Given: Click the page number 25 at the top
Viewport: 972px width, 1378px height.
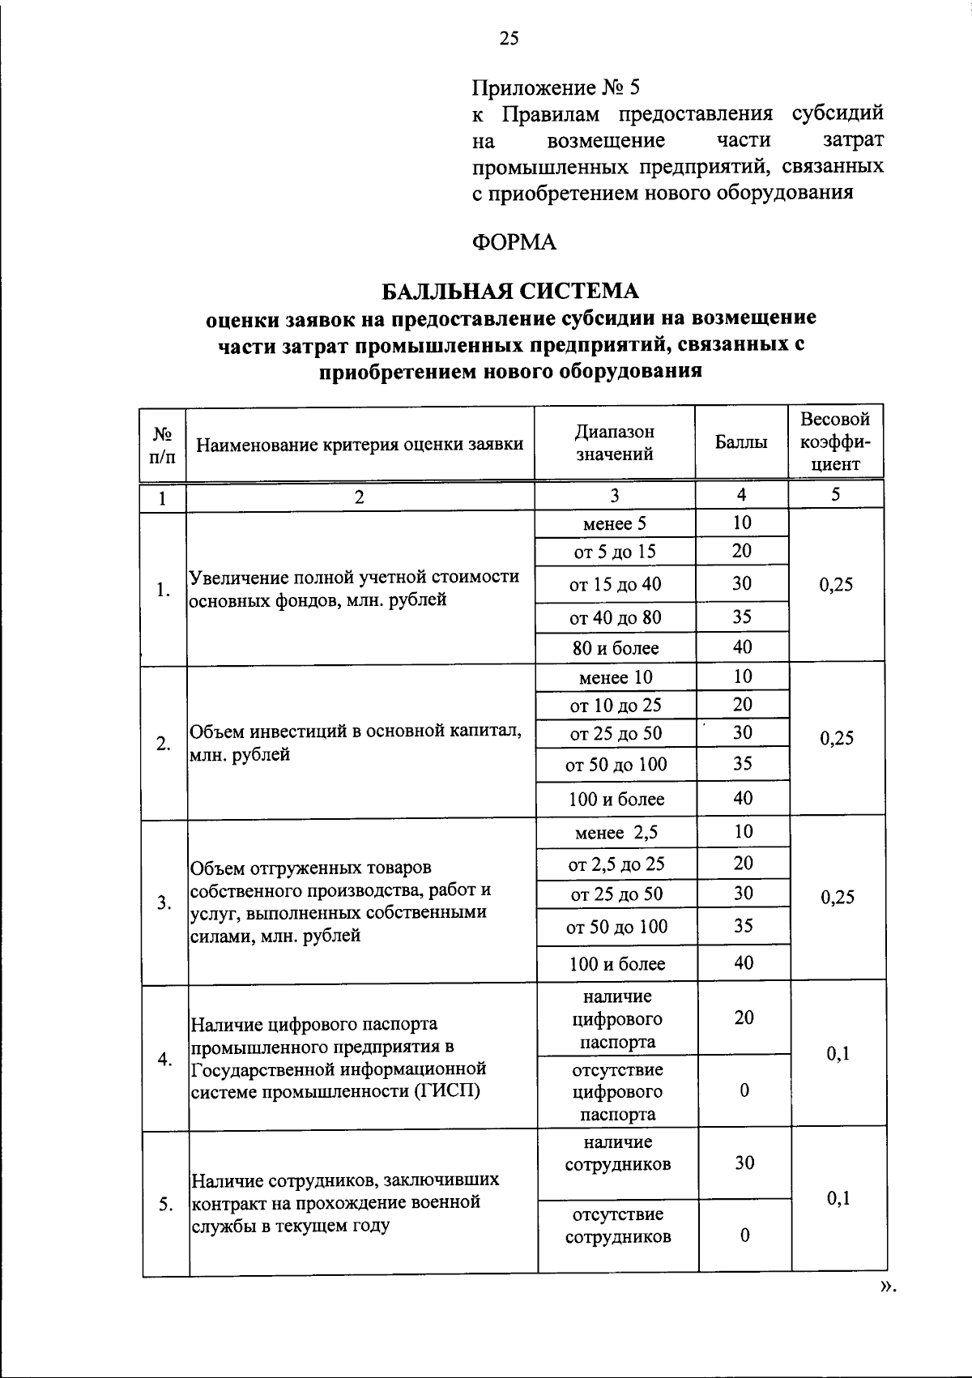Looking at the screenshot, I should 509,38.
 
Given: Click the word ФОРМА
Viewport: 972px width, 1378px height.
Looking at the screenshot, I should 514,242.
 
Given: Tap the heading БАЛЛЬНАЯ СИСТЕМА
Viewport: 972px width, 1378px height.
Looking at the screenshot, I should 510,290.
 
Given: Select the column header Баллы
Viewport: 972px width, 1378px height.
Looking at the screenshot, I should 741,442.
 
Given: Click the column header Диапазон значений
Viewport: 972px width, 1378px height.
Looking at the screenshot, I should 615,442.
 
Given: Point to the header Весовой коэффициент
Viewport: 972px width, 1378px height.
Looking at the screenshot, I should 835,442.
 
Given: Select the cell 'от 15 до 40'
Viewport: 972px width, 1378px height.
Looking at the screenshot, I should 615,585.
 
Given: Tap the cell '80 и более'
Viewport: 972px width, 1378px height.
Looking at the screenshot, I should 616,648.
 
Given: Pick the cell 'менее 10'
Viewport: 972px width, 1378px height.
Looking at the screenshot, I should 616,677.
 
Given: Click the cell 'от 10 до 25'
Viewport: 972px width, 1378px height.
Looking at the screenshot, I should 616,706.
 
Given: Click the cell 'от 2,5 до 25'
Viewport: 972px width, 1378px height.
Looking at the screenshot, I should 616,864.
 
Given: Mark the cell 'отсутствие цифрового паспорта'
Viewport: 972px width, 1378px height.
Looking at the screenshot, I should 617,1091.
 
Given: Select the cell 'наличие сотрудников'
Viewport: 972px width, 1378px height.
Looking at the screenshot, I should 618,1154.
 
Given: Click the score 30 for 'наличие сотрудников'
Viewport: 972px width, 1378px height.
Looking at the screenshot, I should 744,1163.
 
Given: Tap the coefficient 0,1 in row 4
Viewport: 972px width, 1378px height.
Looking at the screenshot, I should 838,1053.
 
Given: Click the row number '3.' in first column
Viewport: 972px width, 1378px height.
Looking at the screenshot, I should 164,902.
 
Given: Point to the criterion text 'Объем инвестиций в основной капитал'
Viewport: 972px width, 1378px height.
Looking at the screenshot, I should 355,732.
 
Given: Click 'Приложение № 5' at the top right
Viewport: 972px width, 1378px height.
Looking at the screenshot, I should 556,86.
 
